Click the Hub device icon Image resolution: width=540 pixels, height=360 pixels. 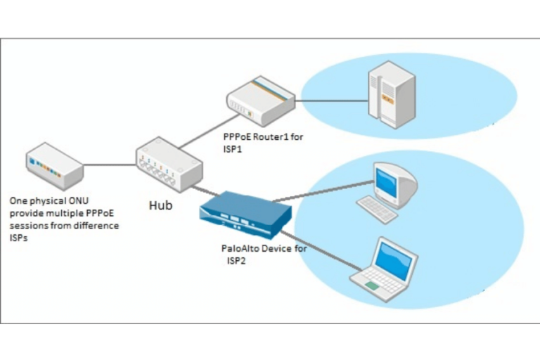(x=169, y=165)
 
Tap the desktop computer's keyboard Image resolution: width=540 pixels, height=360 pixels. (x=377, y=209)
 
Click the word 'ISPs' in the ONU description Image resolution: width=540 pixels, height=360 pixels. (x=19, y=238)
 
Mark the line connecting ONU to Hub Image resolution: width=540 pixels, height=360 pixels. (x=109, y=166)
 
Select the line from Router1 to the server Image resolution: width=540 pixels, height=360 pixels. (x=330, y=101)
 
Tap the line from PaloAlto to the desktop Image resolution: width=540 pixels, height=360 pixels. (x=323, y=191)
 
